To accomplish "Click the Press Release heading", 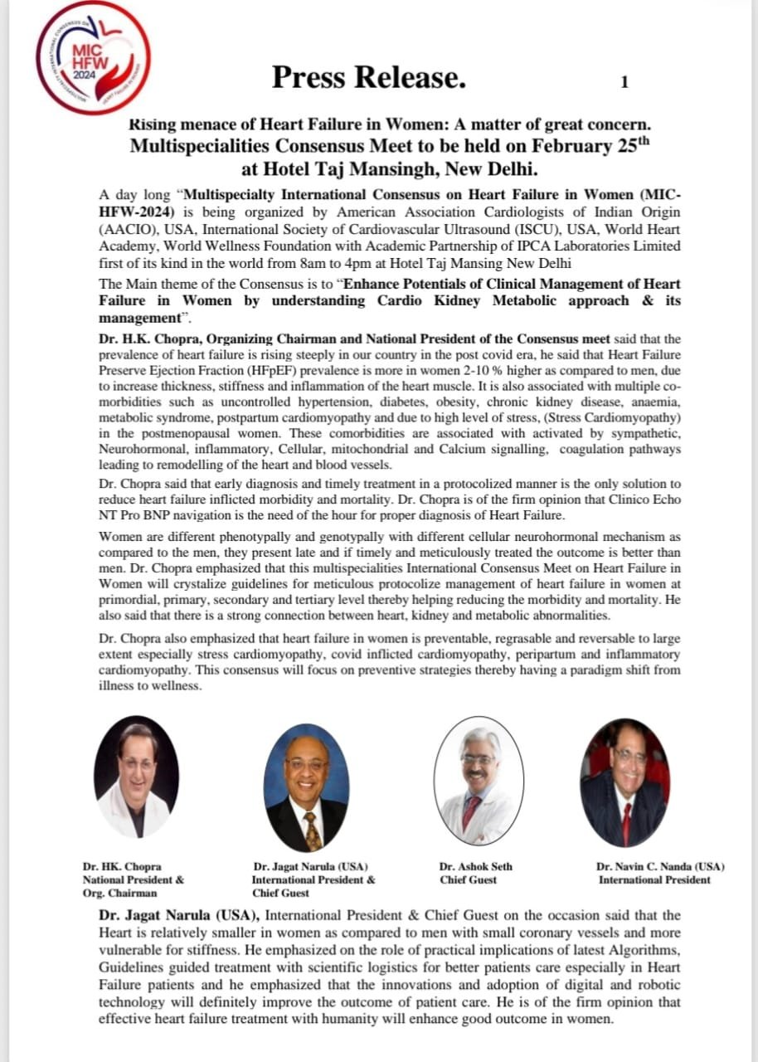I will coord(369,77).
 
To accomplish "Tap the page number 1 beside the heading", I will coord(624,81).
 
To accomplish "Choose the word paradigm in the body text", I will coord(582,670).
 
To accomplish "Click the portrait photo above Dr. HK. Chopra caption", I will coord(136,777).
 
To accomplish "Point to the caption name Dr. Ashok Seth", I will coord(475,866).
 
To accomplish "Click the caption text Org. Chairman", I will coord(119,893).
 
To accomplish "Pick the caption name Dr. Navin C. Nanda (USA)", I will coord(659,866).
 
